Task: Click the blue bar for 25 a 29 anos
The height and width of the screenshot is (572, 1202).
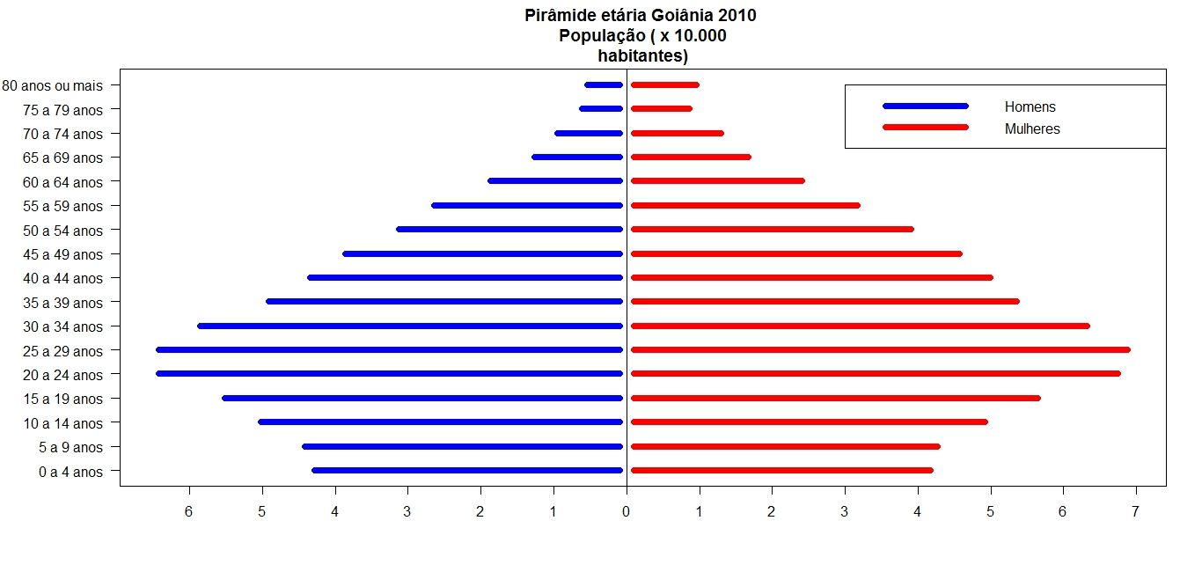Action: click(389, 350)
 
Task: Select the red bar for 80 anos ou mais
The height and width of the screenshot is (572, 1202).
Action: click(664, 85)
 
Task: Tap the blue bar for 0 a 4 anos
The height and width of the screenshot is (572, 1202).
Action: click(467, 471)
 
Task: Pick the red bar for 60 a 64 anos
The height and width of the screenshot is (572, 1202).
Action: click(717, 181)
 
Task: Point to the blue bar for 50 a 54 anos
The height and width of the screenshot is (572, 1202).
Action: click(510, 230)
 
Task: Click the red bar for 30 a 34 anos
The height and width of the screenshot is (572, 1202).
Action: click(860, 326)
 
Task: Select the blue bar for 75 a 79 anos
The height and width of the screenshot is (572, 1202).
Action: click(601, 109)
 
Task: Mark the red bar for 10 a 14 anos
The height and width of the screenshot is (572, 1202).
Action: click(809, 422)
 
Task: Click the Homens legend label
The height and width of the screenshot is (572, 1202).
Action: click(1030, 107)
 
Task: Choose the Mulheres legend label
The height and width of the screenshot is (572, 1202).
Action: click(1032, 129)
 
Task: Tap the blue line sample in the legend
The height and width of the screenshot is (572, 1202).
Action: click(925, 106)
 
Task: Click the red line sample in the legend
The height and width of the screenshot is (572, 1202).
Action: click(925, 128)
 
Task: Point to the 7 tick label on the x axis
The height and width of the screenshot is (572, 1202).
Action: click(1135, 511)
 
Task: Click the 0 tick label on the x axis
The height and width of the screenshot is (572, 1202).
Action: click(626, 511)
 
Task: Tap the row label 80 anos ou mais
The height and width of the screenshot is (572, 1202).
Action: click(53, 86)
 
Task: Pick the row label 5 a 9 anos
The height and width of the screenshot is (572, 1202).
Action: click(70, 448)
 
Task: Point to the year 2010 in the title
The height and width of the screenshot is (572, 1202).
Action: click(737, 16)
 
